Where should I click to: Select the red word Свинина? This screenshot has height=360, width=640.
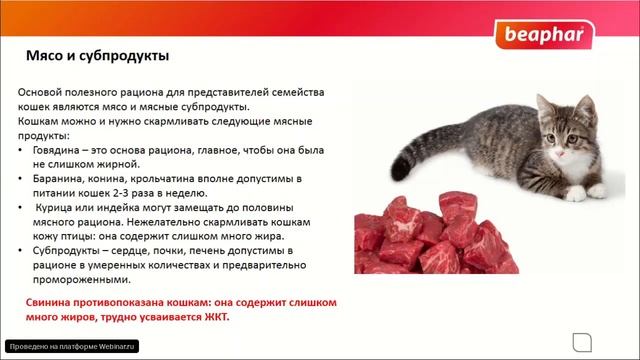click(x=53, y=302)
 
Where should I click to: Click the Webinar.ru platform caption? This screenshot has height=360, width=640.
click(x=70, y=345)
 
